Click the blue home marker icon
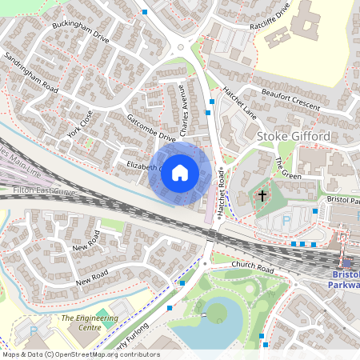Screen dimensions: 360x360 (x=180, y=173)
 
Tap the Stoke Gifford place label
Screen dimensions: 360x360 (x=293, y=137)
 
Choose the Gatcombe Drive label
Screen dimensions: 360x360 (x=150, y=127)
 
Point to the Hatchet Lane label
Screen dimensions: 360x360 (x=238, y=99)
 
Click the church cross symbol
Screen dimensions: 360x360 (x=262, y=194)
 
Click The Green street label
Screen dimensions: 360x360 (x=287, y=169)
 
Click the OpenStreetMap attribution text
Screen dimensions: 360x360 (x=80, y=354)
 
